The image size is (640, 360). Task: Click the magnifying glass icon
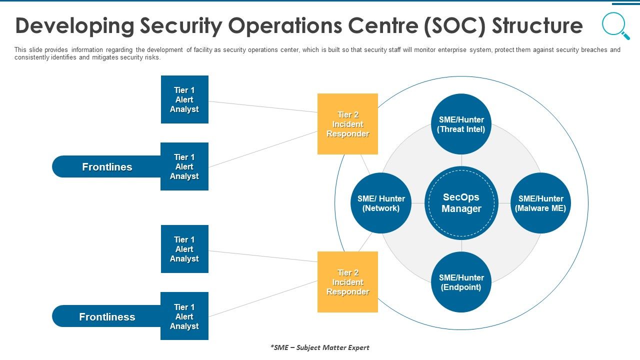point(615,25)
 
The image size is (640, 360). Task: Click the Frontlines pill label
point(106,167)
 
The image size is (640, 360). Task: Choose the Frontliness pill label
point(106,317)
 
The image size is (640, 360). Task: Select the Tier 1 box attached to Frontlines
point(184,166)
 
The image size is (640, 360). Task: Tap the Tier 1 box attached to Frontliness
point(184,316)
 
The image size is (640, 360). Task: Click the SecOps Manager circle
point(461,203)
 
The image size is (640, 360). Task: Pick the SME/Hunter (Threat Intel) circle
point(461,124)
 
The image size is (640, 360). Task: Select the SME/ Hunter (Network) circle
point(381,203)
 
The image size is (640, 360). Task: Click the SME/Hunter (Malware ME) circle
point(540,203)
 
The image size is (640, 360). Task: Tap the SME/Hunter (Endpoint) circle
point(461,282)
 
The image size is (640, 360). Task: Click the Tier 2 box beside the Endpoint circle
point(347,282)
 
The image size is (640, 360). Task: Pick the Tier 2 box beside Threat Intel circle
point(347,124)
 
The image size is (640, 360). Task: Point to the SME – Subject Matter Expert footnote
point(319,347)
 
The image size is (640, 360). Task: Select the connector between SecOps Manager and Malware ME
point(504,203)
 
